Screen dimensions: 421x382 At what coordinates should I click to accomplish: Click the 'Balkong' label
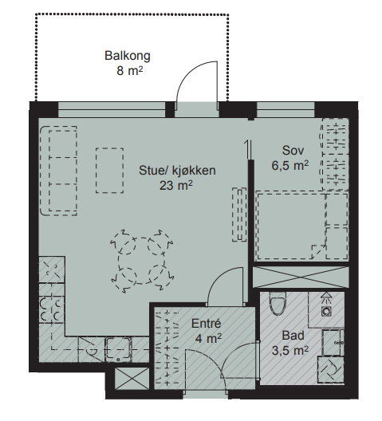128,56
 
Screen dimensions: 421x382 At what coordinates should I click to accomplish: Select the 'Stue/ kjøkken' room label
178,170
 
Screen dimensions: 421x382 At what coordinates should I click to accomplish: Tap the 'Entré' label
206,324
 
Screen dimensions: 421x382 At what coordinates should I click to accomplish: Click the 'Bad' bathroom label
293,336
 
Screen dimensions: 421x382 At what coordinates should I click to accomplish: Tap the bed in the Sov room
301,226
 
